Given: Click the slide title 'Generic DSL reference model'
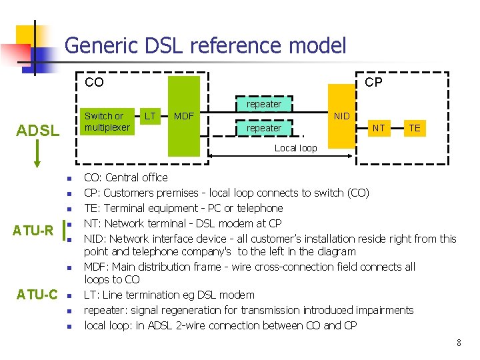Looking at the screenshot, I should point(205,45).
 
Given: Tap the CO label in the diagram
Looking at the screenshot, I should point(94,83).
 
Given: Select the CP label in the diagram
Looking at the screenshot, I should point(373,82).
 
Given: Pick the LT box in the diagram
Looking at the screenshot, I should point(150,117).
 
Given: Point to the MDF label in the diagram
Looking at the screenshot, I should point(183,117).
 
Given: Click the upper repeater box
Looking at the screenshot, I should point(263,104).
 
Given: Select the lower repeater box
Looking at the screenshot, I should point(263,128).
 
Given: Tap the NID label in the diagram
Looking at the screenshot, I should point(341,117).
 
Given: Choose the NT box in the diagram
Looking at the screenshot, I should point(378,128).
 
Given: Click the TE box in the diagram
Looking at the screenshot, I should point(414,128).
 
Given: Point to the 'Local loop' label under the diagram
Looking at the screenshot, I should point(295,148).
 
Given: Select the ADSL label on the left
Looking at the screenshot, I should point(37,130).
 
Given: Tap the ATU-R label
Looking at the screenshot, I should point(33,231).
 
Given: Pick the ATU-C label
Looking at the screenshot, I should point(37,294).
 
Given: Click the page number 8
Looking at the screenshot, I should point(459,343).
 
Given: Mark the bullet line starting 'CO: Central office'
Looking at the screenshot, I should point(125,177).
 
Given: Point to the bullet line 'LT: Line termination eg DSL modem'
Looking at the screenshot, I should point(169,295).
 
